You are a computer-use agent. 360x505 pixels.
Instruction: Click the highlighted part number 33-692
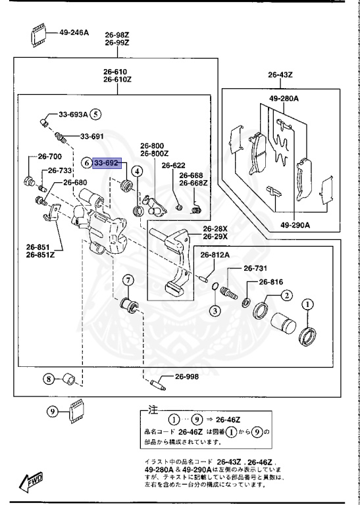tap(107, 162)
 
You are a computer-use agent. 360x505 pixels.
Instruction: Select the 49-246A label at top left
tap(74, 32)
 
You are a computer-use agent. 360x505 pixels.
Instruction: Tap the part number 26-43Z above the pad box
tap(280, 75)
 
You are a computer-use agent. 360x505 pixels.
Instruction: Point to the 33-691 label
tap(92, 137)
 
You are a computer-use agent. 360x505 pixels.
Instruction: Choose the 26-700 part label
tap(49, 156)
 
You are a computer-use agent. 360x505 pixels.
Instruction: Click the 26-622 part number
tap(174, 166)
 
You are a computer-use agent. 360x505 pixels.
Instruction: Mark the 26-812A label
tap(214, 254)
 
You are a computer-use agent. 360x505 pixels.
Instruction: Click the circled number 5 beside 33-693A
tap(96, 114)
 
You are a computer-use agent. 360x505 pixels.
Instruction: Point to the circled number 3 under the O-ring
tap(215, 310)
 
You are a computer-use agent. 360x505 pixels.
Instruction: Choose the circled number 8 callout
tap(49, 378)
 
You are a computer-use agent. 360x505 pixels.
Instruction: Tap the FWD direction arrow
tap(31, 483)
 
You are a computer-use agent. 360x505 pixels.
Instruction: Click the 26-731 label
tap(256, 268)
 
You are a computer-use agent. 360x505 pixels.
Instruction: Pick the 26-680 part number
tap(74, 182)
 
